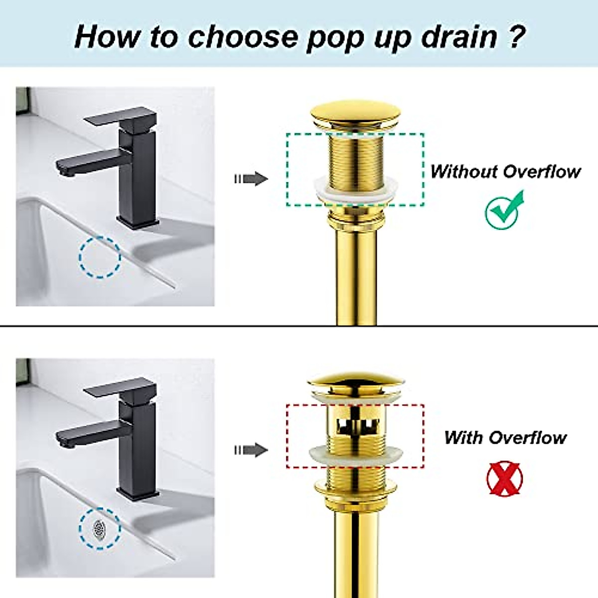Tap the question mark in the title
point(516,37)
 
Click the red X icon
point(504,478)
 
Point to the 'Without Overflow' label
point(505,171)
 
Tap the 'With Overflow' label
point(505,438)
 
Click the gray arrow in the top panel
point(252,178)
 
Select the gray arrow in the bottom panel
point(252,450)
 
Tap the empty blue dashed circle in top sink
point(100,257)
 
